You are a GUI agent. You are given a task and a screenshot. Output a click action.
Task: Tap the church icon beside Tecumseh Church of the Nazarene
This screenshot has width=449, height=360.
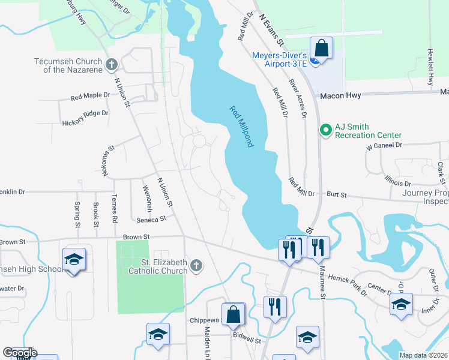(111, 64)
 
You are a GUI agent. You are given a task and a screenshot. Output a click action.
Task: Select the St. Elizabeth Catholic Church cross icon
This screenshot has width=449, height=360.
(196, 265)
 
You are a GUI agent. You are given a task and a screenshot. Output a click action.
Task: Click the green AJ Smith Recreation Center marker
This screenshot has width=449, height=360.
(326, 130)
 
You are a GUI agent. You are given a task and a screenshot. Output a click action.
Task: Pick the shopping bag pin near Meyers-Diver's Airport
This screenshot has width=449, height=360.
(321, 48)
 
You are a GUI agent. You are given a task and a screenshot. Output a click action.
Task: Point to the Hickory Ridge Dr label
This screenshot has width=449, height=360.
(85, 113)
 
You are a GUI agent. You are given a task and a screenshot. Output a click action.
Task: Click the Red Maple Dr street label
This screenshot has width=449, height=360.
(90, 95)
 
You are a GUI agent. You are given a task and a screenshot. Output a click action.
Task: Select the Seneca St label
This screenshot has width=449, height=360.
(151, 220)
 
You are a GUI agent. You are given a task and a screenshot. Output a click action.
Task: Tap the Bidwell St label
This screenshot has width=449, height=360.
(249, 340)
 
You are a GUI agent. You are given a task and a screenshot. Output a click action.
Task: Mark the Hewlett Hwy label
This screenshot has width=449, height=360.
(430, 67)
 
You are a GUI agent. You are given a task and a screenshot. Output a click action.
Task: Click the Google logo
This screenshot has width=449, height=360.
(20, 352)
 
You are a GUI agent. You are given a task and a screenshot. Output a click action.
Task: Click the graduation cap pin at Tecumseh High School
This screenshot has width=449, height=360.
(74, 260)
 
